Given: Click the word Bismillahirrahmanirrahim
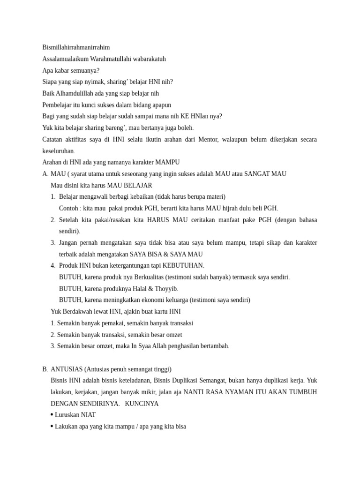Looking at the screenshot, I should (76, 47).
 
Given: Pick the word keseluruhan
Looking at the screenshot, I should (58, 151).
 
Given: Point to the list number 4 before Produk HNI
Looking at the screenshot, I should (53, 265).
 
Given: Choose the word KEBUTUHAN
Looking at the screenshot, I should (183, 265).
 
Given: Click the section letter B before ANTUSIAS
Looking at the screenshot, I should (45, 369).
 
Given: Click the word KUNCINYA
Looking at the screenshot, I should (142, 404).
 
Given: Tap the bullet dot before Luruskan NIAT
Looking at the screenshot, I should (52, 415).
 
